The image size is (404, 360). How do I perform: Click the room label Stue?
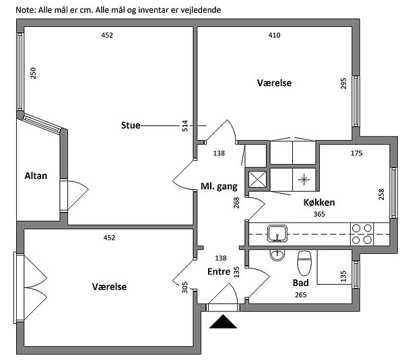tap(131, 124)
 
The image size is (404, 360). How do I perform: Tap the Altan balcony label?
tap(35, 176)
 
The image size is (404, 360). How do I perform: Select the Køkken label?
tap(319, 203)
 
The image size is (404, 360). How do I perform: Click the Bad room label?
tap(300, 283)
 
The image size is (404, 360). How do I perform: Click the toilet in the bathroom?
tap(304, 258)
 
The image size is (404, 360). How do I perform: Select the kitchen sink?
tap(276, 234)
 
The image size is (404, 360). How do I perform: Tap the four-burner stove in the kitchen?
tap(362, 233)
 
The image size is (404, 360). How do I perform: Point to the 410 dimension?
tap(274, 35)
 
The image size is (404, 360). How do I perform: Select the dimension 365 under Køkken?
tap(319, 214)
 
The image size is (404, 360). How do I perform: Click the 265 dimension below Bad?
tap(300, 295)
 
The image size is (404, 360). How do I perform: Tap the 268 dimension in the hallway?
tap(236, 203)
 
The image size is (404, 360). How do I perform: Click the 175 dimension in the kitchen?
tap(356, 153)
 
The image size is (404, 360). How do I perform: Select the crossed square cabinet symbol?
tap(257, 179)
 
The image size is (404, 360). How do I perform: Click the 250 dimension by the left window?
tap(33, 73)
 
